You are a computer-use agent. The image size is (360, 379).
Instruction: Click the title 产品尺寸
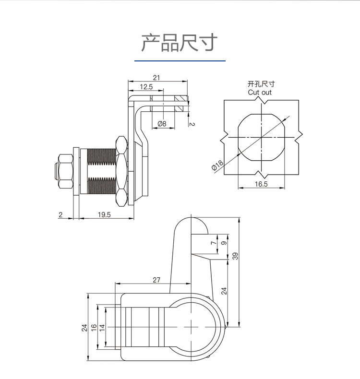180,43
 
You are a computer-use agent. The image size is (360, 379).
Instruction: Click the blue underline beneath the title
180,61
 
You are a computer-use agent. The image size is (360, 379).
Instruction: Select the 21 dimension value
156,77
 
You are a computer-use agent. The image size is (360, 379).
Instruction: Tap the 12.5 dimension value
146,87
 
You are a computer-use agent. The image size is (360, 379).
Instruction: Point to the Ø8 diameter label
162,124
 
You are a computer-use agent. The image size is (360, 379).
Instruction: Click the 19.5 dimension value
104,214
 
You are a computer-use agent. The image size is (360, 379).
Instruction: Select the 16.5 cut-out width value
261,184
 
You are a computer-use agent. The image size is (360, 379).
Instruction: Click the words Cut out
260,92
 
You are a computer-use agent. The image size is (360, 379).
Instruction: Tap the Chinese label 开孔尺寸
260,84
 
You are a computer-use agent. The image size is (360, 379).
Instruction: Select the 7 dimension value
214,243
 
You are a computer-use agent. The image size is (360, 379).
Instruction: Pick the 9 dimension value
223,243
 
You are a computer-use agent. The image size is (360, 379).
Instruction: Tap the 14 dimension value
102,327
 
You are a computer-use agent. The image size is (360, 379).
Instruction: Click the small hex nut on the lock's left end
63,170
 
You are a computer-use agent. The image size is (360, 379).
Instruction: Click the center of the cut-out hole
261,138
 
